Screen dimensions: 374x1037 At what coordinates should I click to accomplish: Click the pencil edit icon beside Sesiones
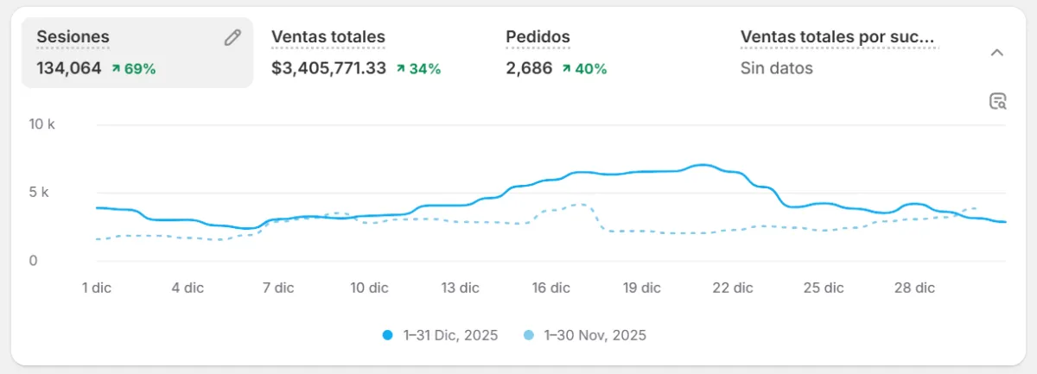click(x=232, y=37)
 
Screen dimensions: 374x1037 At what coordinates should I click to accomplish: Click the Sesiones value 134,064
click(x=69, y=68)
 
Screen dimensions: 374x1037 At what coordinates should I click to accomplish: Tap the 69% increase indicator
click(x=134, y=68)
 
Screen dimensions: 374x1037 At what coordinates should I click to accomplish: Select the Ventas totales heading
click(x=328, y=37)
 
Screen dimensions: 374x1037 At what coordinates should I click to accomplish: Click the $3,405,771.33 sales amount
click(x=328, y=68)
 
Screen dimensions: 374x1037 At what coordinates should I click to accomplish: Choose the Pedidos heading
click(x=538, y=37)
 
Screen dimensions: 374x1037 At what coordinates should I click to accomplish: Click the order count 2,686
click(x=529, y=68)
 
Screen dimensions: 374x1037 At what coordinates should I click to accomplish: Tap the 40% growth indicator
click(x=584, y=68)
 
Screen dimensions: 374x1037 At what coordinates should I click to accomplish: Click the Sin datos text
click(x=777, y=68)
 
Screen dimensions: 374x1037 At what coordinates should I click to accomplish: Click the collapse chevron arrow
click(x=996, y=53)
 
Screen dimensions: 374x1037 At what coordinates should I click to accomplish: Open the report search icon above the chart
click(x=998, y=102)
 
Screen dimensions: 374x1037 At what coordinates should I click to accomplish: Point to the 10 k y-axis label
click(x=41, y=124)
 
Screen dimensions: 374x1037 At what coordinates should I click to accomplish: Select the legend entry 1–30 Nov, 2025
click(x=585, y=335)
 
